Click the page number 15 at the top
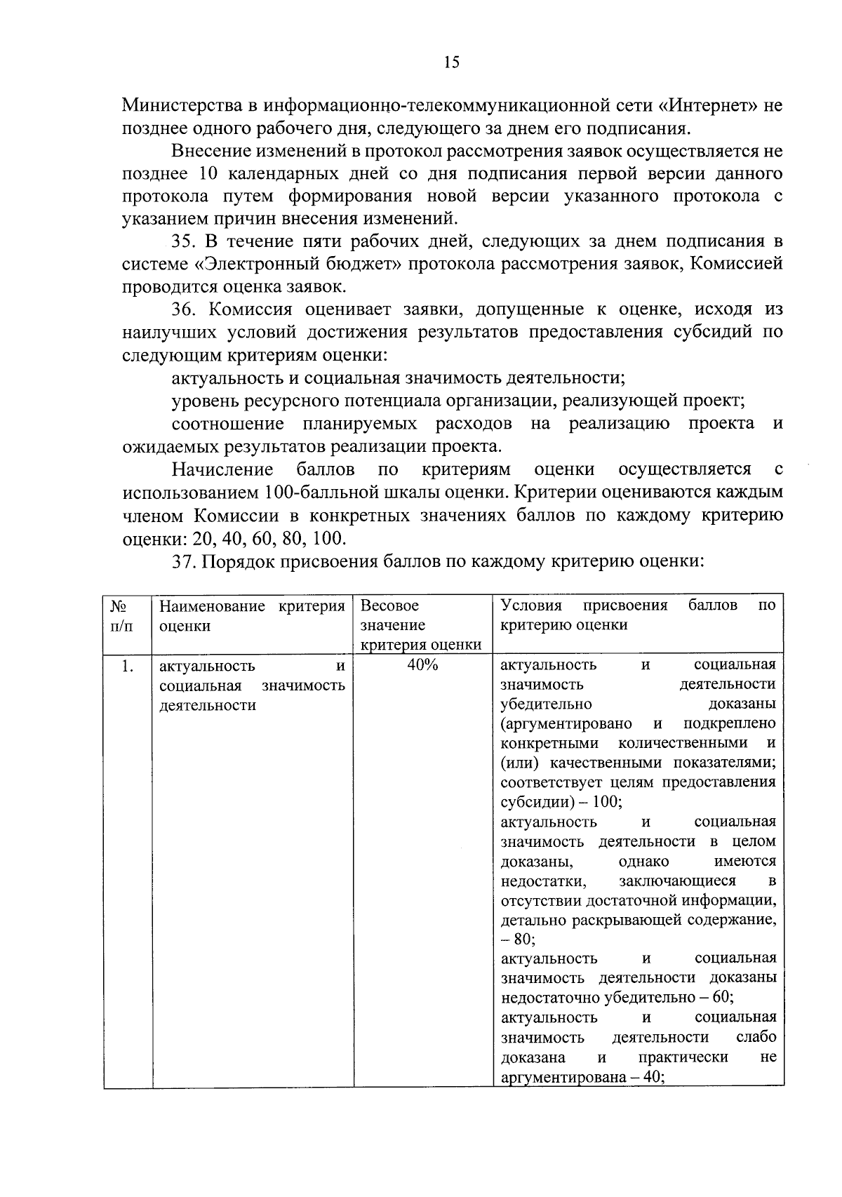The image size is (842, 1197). tap(451, 63)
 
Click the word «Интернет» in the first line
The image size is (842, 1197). tap(709, 107)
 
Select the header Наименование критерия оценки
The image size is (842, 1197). tap(252, 615)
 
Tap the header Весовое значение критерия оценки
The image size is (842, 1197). tap(421, 624)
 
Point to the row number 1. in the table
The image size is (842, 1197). tap(127, 667)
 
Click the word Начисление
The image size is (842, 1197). tap(222, 469)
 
